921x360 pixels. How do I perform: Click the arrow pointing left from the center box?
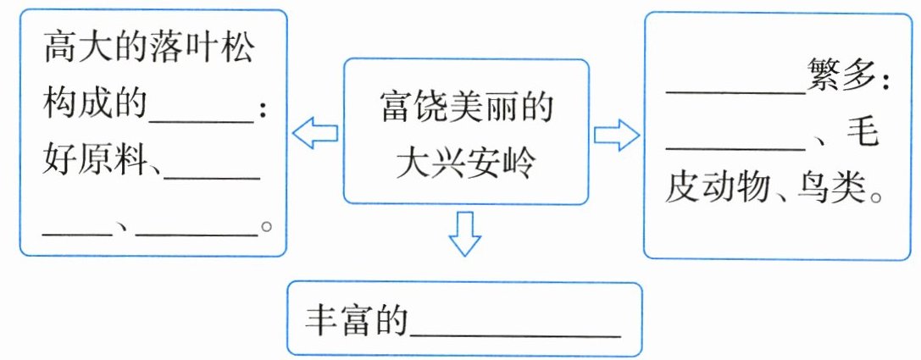[314, 132]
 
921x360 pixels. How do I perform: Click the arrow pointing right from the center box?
[617, 134]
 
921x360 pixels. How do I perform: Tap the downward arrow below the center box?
[465, 232]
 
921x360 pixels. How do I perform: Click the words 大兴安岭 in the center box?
[465, 160]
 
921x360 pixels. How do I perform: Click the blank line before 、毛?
[734, 146]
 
